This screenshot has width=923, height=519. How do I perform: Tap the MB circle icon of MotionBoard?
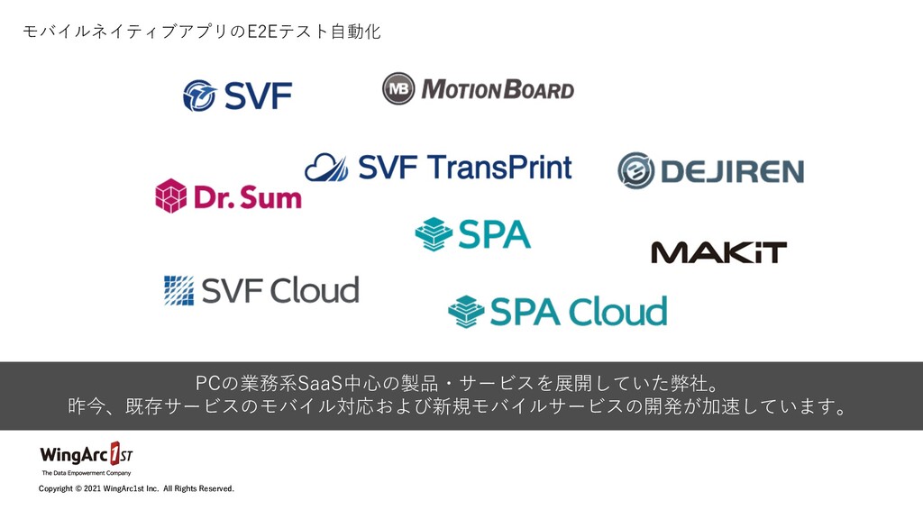[398, 88]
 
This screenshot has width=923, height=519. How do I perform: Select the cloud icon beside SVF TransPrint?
[325, 167]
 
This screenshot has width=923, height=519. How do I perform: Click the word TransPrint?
[498, 168]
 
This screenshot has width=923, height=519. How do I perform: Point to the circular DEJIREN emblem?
[635, 170]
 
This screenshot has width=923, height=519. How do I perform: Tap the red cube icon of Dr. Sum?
[171, 196]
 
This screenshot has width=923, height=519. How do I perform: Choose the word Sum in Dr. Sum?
[269, 196]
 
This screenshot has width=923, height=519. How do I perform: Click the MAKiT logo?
[718, 252]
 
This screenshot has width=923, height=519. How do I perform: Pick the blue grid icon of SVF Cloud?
[179, 290]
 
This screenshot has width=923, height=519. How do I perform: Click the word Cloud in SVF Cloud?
[315, 290]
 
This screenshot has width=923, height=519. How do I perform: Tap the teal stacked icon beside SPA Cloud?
[466, 312]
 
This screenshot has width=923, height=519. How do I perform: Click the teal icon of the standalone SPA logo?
[433, 233]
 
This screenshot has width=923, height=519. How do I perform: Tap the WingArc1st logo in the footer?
[86, 452]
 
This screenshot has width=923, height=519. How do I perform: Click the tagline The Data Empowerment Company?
[86, 472]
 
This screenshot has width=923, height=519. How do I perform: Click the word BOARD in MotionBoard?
[539, 89]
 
